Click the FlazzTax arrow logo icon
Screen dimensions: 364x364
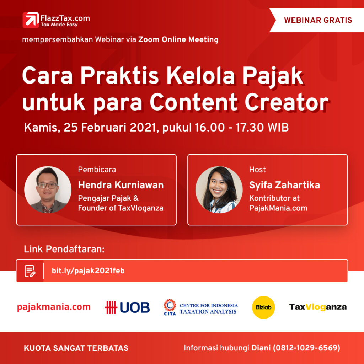tap(31, 20)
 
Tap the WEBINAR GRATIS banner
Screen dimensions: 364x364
tap(318, 20)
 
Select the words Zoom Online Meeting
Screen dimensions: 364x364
tap(178, 39)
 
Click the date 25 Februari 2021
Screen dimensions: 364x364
tap(109, 128)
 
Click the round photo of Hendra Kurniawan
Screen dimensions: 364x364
tap(48, 189)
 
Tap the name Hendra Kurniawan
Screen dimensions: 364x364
tap(121, 185)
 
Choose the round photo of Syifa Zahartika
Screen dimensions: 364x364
tap(219, 189)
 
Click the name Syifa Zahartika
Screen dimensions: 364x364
tap(284, 185)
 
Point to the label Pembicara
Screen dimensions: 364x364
tap(97, 170)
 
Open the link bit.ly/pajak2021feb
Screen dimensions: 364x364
tap(88, 271)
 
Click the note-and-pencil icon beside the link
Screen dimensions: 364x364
tap(30, 271)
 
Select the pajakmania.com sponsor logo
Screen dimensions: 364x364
tap(54, 307)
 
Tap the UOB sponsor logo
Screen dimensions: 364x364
tap(127, 307)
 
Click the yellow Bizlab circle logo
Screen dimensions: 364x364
tap(263, 307)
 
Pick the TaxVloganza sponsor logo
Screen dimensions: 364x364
tap(317, 307)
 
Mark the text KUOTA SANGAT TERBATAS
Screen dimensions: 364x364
tap(76, 348)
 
